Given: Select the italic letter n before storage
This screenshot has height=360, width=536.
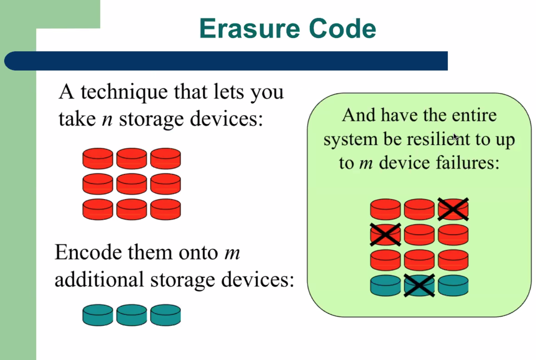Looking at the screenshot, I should pyautogui.click(x=107, y=119).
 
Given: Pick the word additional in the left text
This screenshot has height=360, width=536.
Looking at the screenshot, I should pyautogui.click(x=99, y=280).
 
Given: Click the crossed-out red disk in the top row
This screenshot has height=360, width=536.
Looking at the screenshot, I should pyautogui.click(x=453, y=209).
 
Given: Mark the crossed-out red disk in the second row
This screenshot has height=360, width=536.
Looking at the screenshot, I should pyautogui.click(x=385, y=235).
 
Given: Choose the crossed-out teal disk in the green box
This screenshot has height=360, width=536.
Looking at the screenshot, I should pyautogui.click(x=419, y=286).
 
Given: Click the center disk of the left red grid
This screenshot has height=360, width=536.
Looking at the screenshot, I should pyautogui.click(x=131, y=184).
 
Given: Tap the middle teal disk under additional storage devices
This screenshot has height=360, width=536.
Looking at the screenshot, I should pyautogui.click(x=131, y=315).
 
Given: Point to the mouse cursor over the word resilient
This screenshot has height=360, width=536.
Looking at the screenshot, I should pyautogui.click(x=455, y=137).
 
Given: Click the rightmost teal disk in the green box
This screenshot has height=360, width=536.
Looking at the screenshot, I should pyautogui.click(x=453, y=286).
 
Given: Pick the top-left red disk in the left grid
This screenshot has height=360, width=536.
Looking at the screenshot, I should pyautogui.click(x=98, y=158).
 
